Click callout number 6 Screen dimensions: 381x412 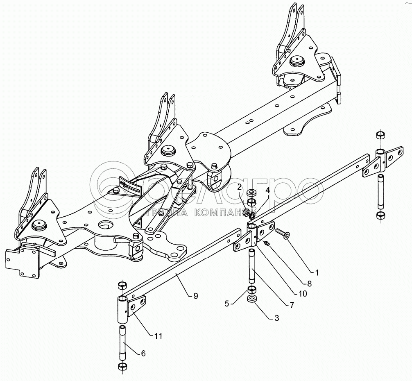tap(143, 353)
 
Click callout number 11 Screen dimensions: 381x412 tap(158, 336)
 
